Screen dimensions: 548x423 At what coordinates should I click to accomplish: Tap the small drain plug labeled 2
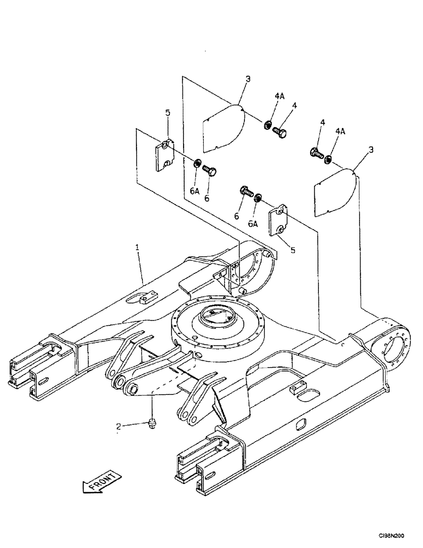pyautogui.click(x=152, y=423)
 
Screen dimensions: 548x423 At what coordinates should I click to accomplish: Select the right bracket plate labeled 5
pyautogui.click(x=279, y=220)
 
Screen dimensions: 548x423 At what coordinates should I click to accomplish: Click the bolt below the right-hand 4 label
pyautogui.click(x=316, y=153)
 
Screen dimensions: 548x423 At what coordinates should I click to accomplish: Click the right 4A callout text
pyautogui.click(x=340, y=131)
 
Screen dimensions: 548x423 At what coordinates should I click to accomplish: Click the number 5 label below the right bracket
pyautogui.click(x=293, y=250)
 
